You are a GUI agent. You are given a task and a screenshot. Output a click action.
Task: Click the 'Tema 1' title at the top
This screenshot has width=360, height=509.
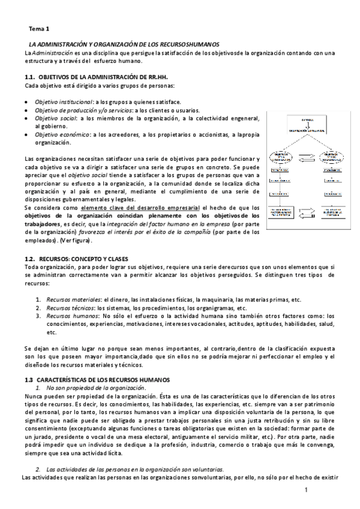40,28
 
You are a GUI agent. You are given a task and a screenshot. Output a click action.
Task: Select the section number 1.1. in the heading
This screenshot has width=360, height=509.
29,78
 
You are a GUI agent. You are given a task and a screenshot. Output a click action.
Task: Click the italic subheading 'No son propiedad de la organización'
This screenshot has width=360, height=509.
87,388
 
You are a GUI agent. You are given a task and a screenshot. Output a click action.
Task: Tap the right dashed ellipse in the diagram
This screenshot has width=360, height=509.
328,159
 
